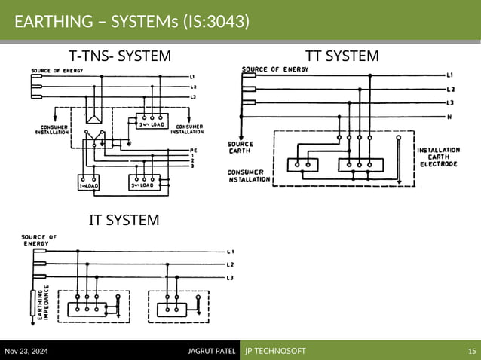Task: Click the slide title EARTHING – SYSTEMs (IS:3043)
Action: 132,21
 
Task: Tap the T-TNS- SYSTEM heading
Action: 121,56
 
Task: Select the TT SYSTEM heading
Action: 342,56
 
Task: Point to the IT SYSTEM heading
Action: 124,220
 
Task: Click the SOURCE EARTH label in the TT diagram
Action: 240,146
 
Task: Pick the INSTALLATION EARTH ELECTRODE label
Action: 437,157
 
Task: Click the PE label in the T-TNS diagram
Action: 193,150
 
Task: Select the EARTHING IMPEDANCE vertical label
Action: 44,304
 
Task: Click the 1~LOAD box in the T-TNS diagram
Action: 90,184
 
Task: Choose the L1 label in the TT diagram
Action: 450,75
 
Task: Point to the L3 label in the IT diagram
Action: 230,279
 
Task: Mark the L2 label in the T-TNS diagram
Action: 194,87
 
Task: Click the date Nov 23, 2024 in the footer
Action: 26,351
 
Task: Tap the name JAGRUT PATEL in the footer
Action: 212,351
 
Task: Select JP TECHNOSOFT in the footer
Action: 274,351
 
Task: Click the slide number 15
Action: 472,351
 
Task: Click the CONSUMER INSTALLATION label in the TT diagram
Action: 250,176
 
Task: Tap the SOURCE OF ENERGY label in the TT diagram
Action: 269,69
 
